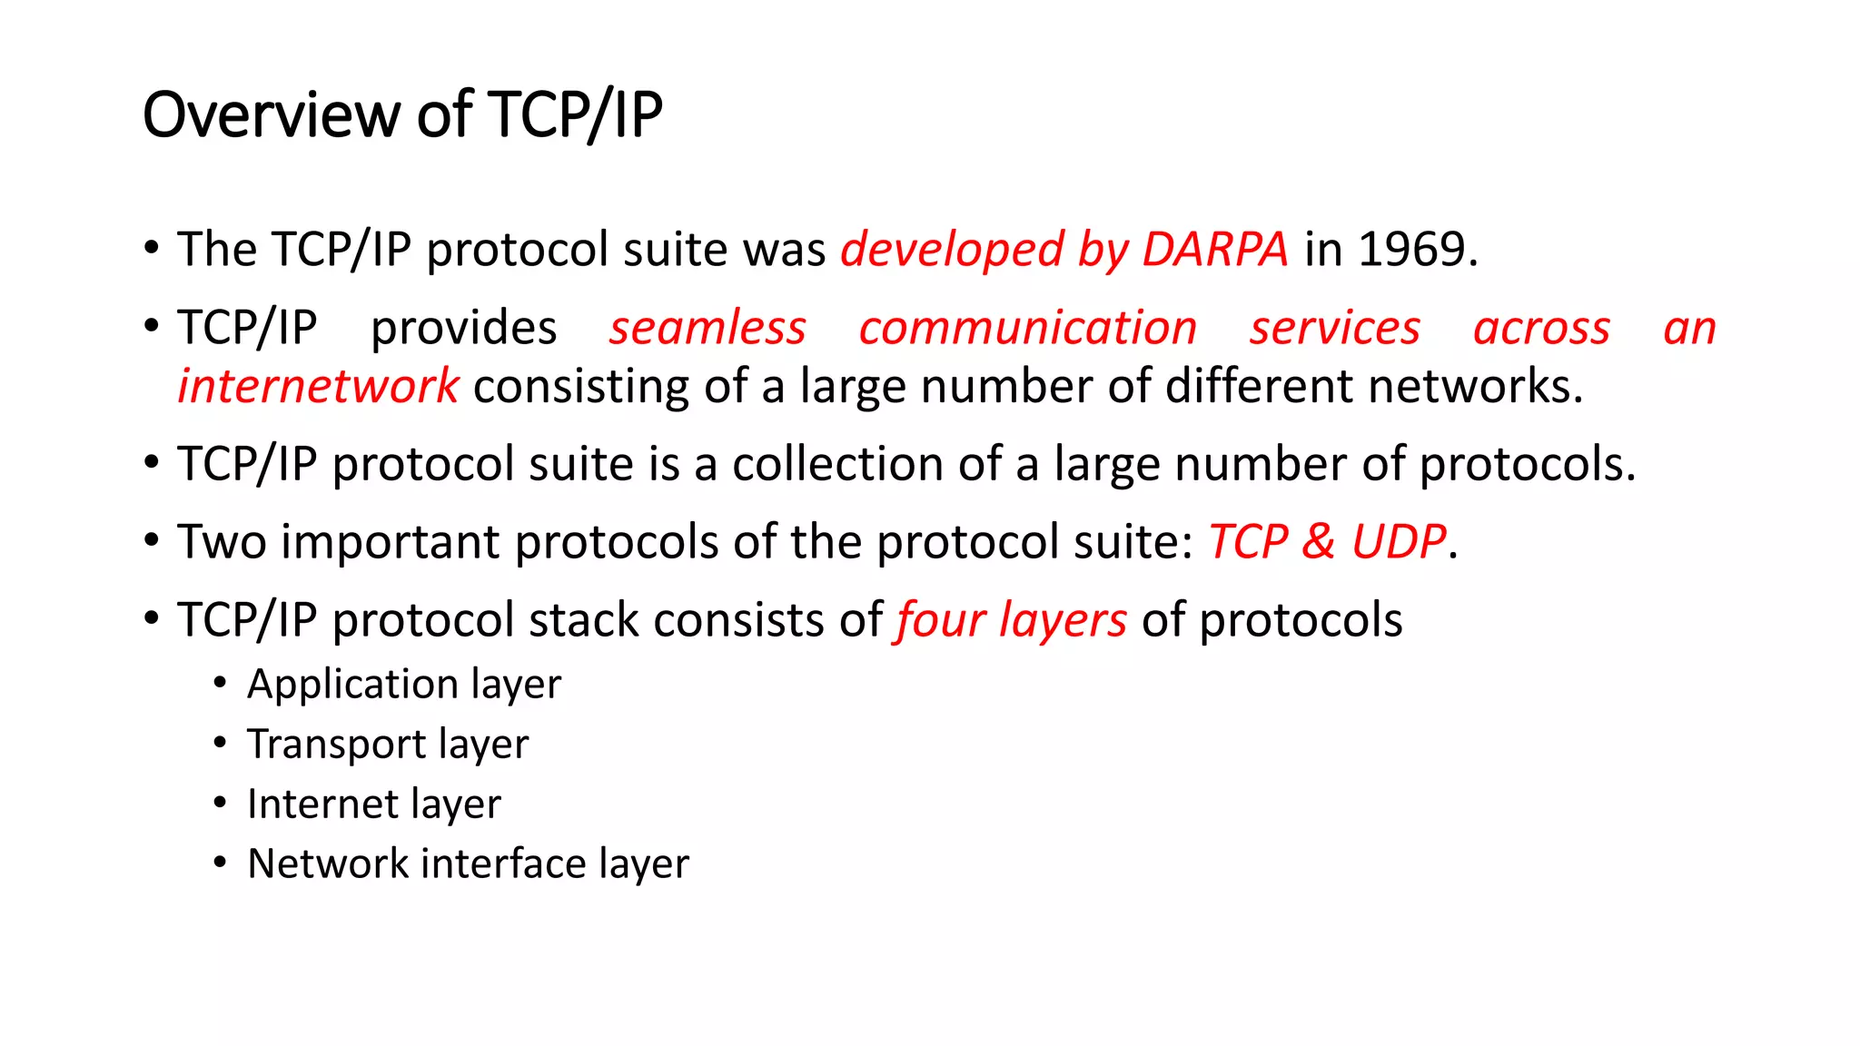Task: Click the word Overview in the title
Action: tap(272, 115)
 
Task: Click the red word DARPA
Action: tap(1214, 250)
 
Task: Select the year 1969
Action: tap(1413, 250)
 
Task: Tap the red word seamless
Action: tap(707, 328)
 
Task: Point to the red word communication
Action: tap(1027, 328)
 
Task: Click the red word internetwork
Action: tap(318, 387)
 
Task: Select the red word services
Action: tap(1334, 328)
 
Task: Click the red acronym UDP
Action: tap(1398, 542)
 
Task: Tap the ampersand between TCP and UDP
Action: tap(1318, 542)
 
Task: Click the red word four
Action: tap(940, 621)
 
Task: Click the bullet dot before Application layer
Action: tap(220, 684)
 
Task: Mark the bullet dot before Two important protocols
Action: tap(152, 541)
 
